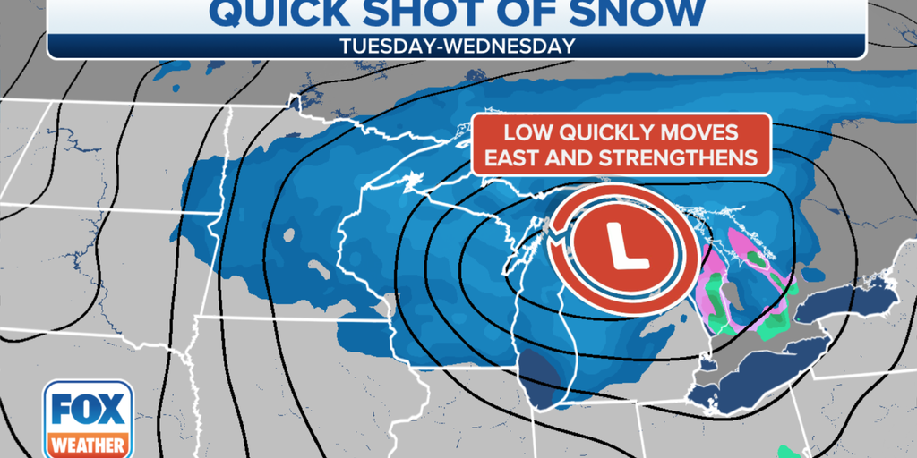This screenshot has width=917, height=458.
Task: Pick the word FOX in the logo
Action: pos(88,410)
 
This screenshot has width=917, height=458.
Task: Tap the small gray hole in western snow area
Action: pos(289,236)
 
